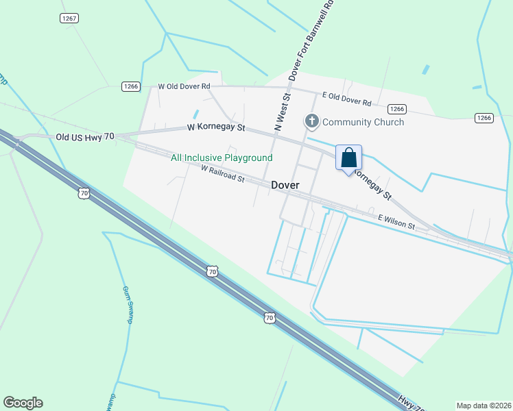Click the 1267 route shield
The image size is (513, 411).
click(x=69, y=18)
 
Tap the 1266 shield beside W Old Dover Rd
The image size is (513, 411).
click(x=130, y=86)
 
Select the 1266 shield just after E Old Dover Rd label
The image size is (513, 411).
click(x=396, y=109)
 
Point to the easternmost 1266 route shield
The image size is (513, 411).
click(x=484, y=118)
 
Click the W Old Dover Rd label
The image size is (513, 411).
click(x=184, y=86)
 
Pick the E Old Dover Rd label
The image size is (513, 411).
click(x=347, y=99)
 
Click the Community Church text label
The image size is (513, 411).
click(x=363, y=122)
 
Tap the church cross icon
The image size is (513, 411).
click(x=312, y=122)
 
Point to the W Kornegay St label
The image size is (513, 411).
click(x=217, y=127)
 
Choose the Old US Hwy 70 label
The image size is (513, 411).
click(x=84, y=137)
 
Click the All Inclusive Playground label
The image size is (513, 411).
click(x=222, y=158)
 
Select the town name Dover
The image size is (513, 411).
click(x=285, y=185)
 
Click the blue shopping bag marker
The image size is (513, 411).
click(x=349, y=158)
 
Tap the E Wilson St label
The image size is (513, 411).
click(x=396, y=221)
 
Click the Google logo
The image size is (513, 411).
click(x=23, y=403)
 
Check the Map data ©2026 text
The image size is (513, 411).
click(x=484, y=406)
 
